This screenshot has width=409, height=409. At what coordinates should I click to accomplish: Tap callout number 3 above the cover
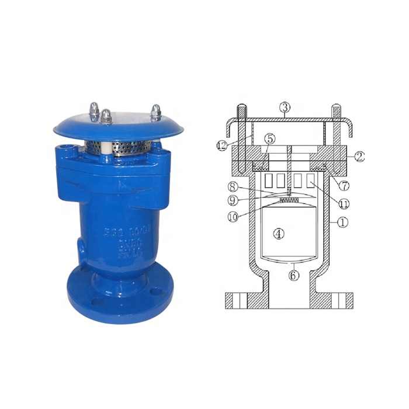click(285, 107)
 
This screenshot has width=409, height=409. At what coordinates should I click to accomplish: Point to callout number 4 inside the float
click(279, 234)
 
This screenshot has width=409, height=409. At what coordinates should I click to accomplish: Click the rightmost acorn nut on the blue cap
click(155, 112)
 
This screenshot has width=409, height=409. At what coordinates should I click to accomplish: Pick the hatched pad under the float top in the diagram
click(289, 201)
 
